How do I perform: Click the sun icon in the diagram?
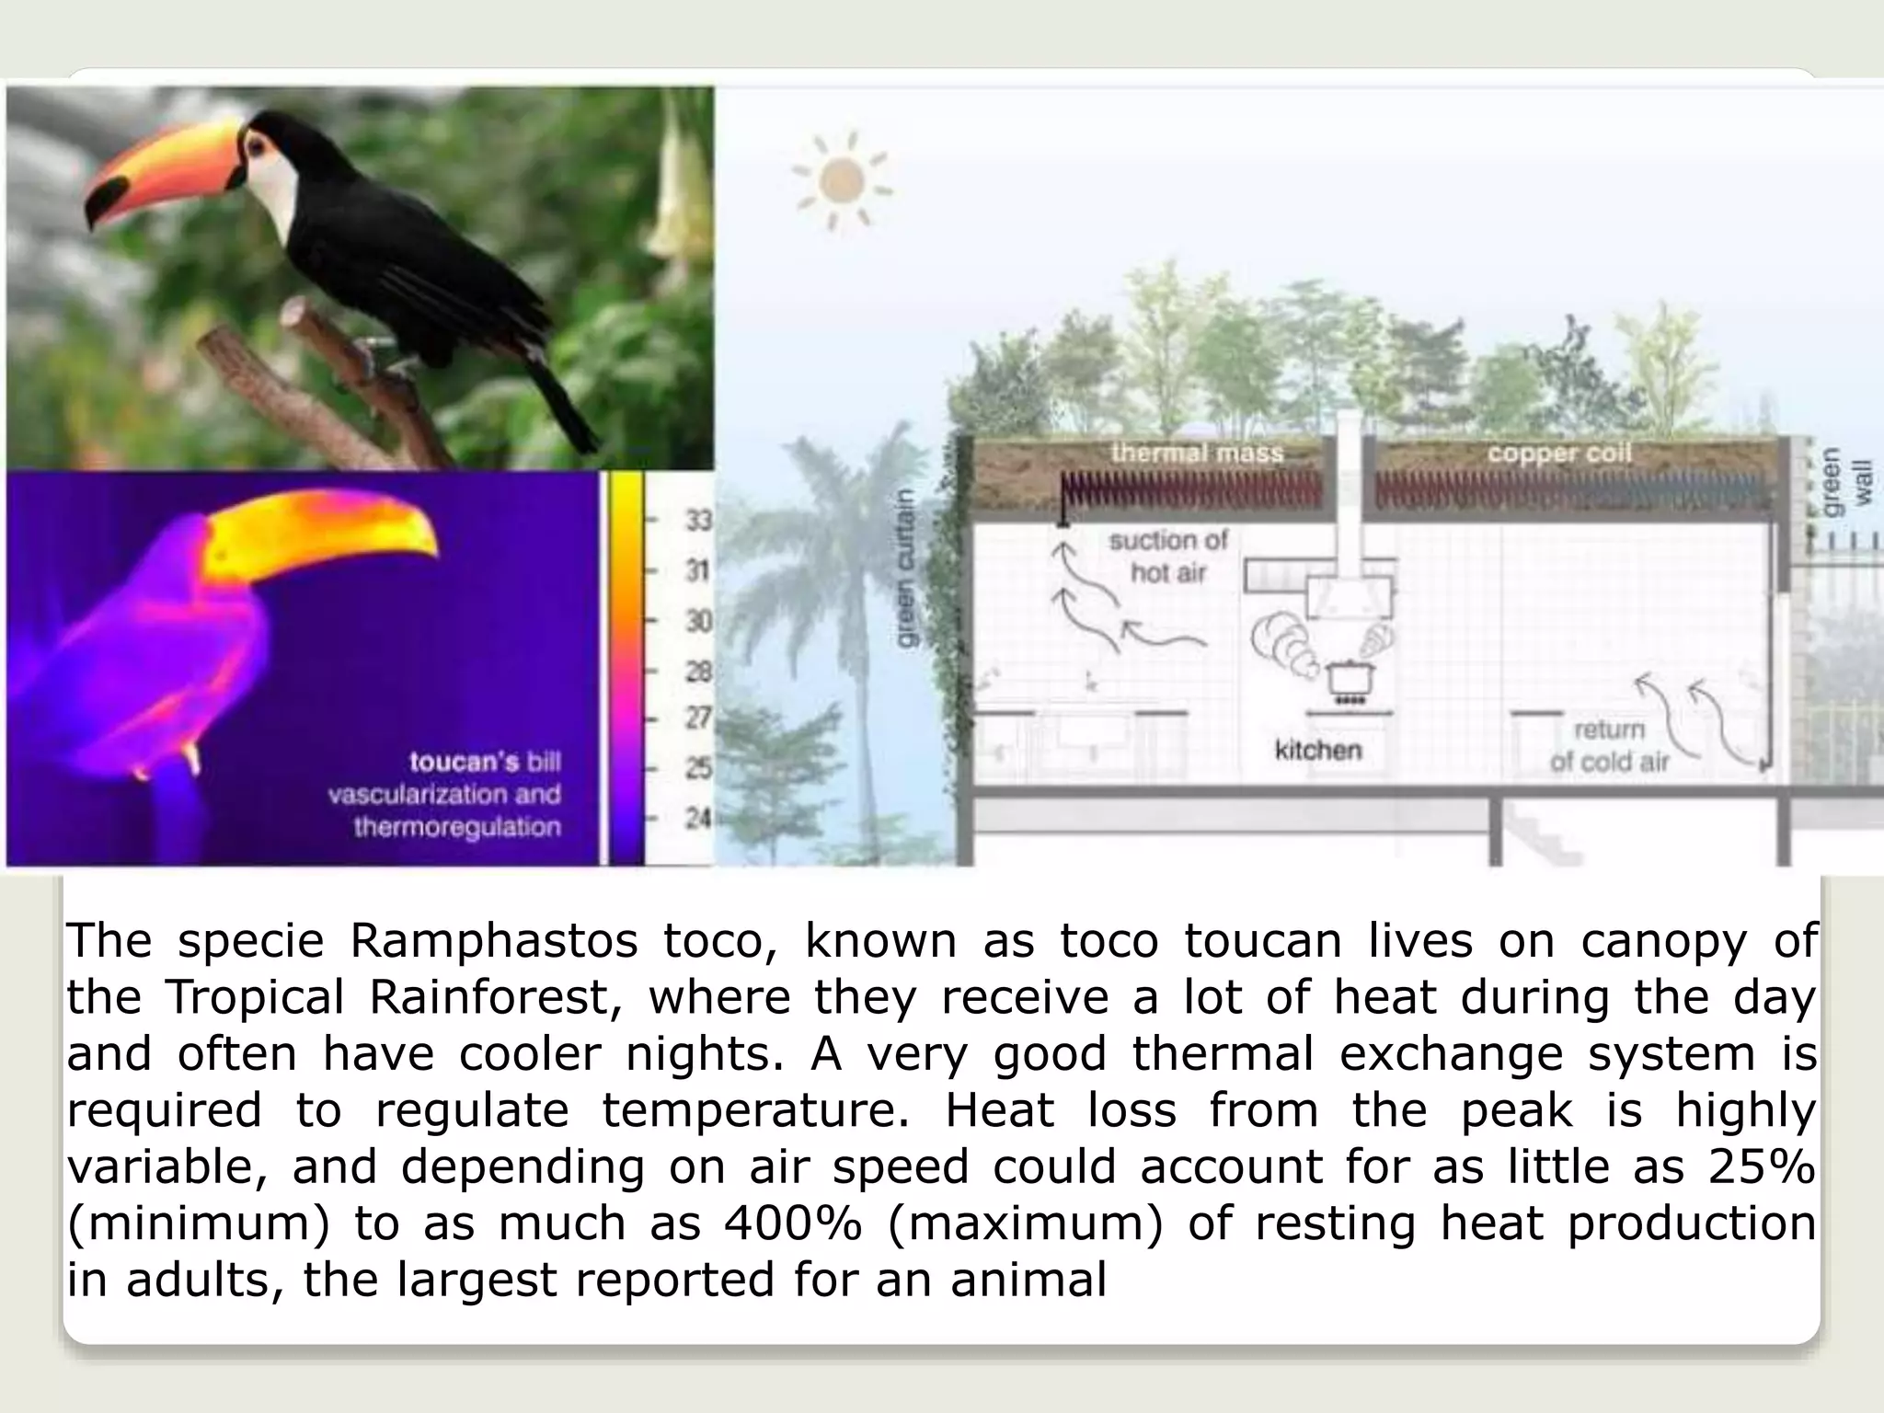point(841,180)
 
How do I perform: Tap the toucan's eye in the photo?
point(255,144)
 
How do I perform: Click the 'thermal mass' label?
point(1197,453)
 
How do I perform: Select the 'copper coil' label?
point(1559,453)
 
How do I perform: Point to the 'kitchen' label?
point(1317,750)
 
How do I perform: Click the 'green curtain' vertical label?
point(905,568)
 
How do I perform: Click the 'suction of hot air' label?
point(1168,556)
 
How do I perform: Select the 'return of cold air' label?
point(1609,745)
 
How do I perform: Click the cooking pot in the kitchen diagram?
point(1350,677)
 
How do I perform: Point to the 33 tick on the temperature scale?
point(698,522)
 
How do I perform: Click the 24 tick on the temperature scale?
point(698,816)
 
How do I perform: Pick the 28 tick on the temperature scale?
point(698,672)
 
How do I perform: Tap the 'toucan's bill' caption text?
point(484,762)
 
